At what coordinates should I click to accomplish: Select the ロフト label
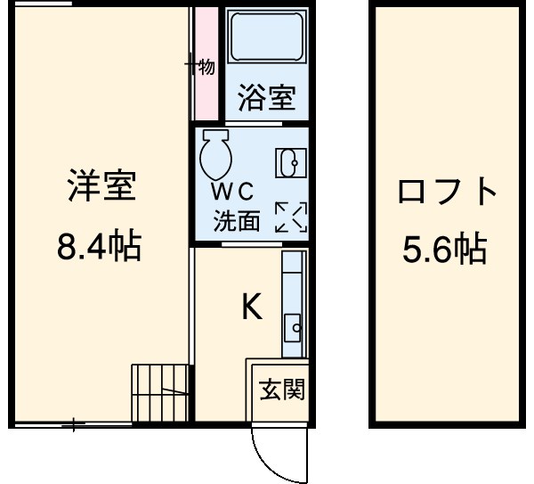point(446,192)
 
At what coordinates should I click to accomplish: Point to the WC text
point(232,192)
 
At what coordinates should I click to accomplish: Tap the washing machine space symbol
point(289,217)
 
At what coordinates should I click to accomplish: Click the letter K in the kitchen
point(252,308)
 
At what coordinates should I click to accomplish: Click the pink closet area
point(206,62)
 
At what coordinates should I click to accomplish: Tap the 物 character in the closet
point(206,67)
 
